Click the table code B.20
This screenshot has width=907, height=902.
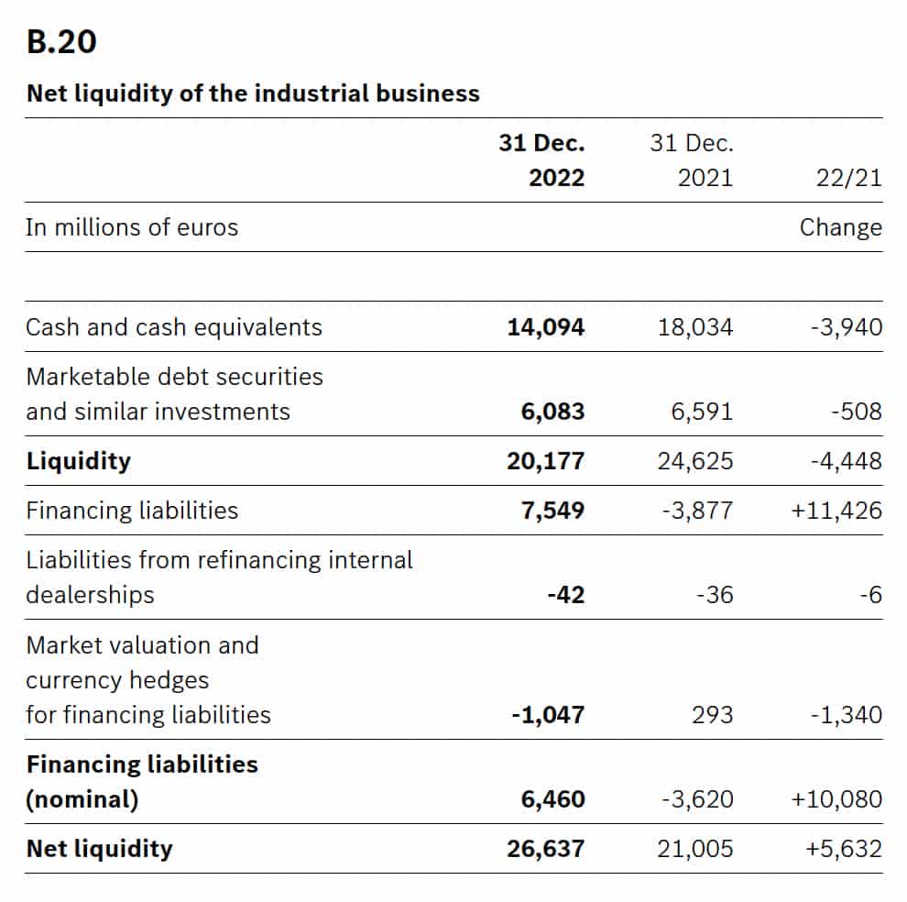[62, 43]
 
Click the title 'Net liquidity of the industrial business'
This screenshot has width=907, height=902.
[253, 93]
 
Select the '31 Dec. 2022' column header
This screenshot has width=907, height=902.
[542, 160]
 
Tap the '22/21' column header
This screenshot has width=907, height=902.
[850, 178]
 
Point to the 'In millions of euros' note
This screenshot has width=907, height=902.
[132, 227]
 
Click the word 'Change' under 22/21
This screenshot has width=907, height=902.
[841, 227]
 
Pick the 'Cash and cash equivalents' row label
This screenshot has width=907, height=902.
[174, 327]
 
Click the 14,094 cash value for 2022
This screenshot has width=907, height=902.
[546, 327]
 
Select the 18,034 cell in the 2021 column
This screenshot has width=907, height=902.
[695, 327]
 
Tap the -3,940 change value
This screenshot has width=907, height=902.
[847, 327]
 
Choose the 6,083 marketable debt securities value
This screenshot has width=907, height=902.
[552, 412]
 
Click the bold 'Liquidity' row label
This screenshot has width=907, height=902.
[79, 461]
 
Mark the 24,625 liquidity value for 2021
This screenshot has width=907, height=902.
[695, 461]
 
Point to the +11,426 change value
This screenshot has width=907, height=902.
[836, 511]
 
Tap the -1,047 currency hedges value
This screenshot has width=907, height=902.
[548, 714]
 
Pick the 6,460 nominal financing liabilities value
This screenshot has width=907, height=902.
[552, 799]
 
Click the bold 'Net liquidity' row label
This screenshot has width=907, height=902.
[99, 849]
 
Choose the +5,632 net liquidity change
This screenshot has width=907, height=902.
[844, 849]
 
